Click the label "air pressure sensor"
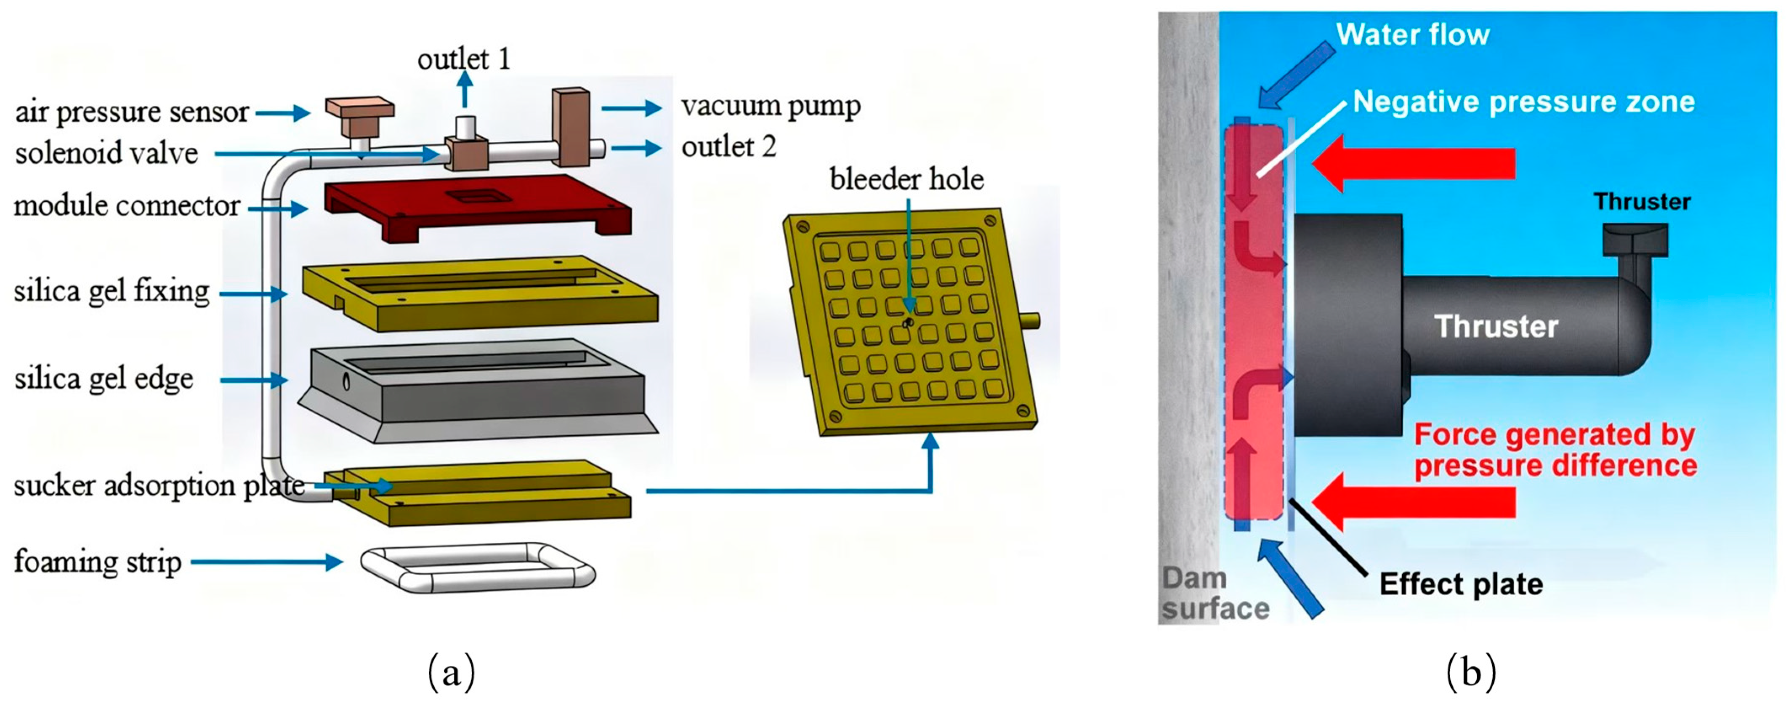click(132, 112)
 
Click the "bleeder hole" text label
click(906, 180)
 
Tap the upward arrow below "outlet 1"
click(465, 90)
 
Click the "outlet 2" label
click(728, 147)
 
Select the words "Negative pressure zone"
click(1523, 102)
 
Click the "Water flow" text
click(1412, 35)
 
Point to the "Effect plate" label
click(1460, 584)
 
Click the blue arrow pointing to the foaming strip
click(267, 562)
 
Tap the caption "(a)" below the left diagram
click(452, 672)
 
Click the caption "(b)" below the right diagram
click(1470, 672)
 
